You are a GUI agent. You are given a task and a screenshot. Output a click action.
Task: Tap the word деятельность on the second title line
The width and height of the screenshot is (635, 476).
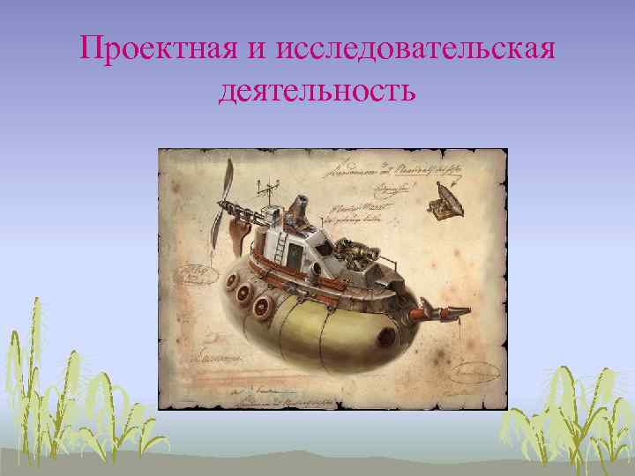(317, 90)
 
